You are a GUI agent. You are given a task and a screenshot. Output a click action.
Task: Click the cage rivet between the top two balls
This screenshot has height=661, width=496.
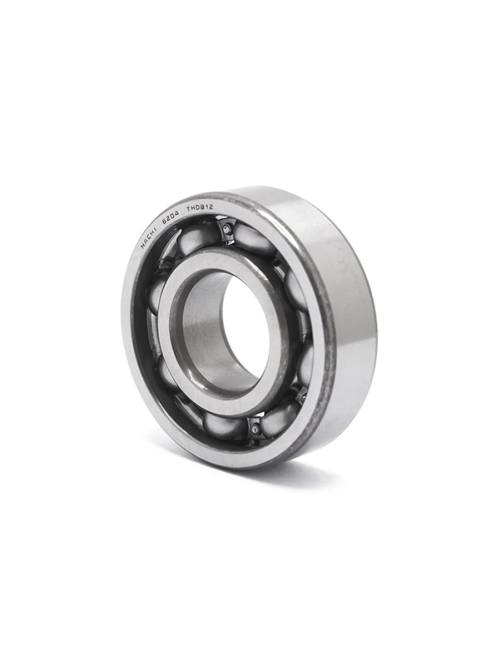click(226, 230)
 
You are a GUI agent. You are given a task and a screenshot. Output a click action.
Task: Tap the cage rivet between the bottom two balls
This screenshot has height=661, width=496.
click(255, 428)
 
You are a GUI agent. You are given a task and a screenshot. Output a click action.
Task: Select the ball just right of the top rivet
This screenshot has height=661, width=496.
click(255, 240)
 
